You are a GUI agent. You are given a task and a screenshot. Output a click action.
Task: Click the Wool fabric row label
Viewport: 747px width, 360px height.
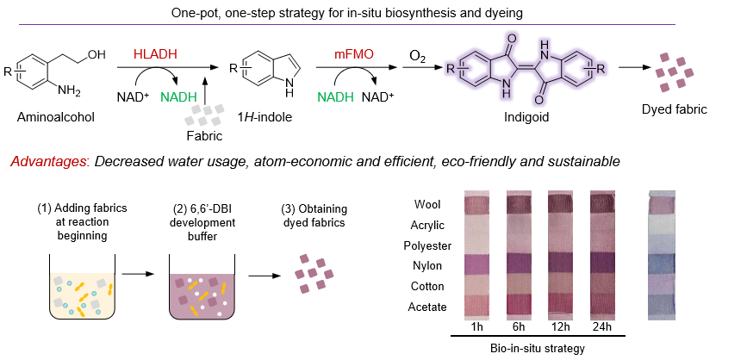(x=428, y=205)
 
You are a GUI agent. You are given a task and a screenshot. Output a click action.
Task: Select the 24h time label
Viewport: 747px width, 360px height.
(x=600, y=328)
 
